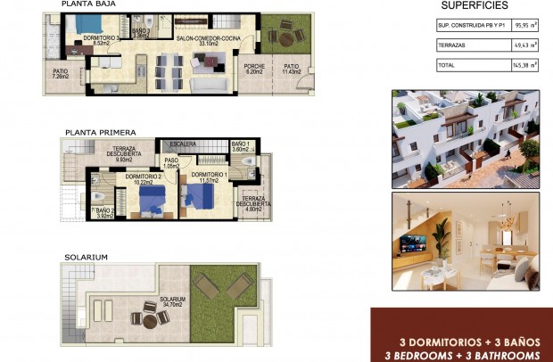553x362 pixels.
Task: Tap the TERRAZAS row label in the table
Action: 451,45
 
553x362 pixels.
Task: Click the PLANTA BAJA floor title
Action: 87,4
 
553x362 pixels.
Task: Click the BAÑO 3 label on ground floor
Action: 140,34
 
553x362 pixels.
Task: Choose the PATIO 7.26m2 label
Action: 60,74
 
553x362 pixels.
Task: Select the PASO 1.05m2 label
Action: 171,163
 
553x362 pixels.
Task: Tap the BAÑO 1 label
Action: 240,146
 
